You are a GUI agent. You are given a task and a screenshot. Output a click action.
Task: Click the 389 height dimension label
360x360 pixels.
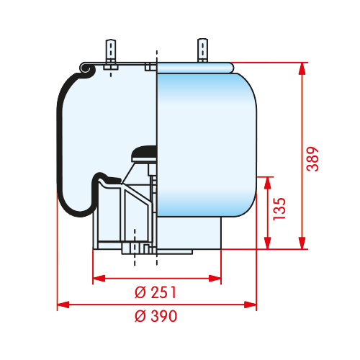[x=312, y=159]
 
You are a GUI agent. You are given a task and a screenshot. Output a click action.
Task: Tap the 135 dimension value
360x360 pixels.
[x=279, y=209]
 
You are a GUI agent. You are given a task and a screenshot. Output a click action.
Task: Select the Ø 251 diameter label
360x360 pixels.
[x=156, y=292]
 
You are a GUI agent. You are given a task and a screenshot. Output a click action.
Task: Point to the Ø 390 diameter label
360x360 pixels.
[x=156, y=316]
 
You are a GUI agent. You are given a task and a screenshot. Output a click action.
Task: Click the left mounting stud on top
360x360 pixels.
[x=111, y=50]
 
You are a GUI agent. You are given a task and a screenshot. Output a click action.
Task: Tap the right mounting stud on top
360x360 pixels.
[x=203, y=50]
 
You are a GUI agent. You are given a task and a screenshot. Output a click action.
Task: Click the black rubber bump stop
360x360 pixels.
[x=144, y=152]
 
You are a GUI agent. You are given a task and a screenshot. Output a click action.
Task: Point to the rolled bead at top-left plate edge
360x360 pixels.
[x=86, y=68]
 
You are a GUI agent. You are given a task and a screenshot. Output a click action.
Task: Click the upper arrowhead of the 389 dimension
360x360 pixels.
[x=302, y=69]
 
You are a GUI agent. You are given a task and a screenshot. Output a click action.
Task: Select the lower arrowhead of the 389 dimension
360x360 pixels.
[x=302, y=243]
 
